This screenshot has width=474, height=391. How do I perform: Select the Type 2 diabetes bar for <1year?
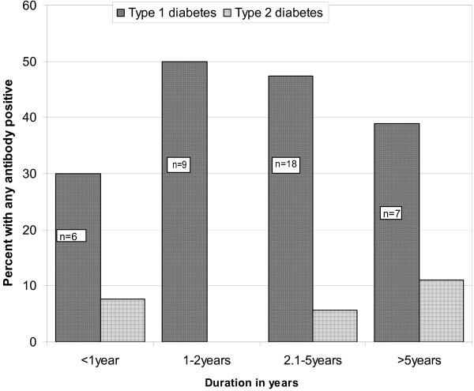pyautogui.click(x=122, y=320)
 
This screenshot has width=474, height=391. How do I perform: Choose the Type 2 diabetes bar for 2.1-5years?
pyautogui.click(x=334, y=325)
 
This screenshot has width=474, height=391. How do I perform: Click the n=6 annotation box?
pyautogui.click(x=70, y=235)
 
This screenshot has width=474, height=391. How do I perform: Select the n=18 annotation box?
pyautogui.click(x=284, y=165)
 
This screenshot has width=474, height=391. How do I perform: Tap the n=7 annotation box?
pyautogui.click(x=390, y=213)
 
